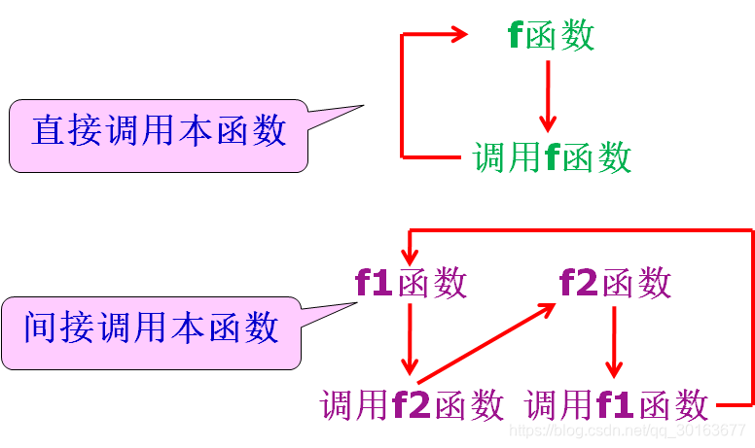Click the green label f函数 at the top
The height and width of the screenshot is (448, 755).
[x=551, y=36]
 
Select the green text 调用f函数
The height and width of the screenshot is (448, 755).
[x=552, y=156]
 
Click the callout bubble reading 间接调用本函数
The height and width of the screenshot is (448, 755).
[x=151, y=328]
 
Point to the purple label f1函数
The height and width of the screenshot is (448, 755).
[x=411, y=283]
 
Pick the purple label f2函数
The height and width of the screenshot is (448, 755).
[x=615, y=283]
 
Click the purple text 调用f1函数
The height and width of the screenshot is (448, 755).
[x=616, y=404]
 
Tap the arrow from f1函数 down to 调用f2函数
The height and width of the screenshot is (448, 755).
[x=411, y=340]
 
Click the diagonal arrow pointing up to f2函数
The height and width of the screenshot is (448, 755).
[x=486, y=338]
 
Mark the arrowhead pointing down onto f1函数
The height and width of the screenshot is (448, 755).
[x=411, y=255]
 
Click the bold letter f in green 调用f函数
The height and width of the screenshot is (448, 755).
[x=552, y=156]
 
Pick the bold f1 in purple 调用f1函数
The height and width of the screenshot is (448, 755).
[x=616, y=404]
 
